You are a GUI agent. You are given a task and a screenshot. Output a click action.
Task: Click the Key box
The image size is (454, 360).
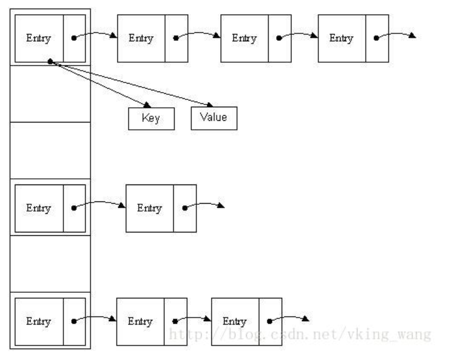click(151, 118)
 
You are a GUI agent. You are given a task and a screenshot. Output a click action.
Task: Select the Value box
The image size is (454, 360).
click(213, 118)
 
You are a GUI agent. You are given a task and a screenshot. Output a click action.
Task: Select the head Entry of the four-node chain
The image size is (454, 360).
click(39, 38)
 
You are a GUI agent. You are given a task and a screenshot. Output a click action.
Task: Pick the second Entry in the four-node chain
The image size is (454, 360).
click(141, 38)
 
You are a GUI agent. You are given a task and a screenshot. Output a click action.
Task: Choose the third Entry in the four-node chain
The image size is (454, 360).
click(244, 38)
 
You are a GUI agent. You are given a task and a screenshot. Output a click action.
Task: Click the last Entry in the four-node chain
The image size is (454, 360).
click(342, 38)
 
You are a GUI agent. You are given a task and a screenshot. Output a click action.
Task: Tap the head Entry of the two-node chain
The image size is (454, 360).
click(39, 208)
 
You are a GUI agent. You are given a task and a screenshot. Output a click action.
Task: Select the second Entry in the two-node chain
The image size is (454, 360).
click(150, 208)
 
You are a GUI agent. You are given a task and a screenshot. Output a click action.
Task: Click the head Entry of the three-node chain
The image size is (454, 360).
click(39, 321)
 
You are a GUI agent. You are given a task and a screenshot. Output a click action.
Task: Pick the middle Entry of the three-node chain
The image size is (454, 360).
click(140, 321)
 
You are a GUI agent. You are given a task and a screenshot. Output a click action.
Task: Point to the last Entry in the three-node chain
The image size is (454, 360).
click(235, 321)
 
